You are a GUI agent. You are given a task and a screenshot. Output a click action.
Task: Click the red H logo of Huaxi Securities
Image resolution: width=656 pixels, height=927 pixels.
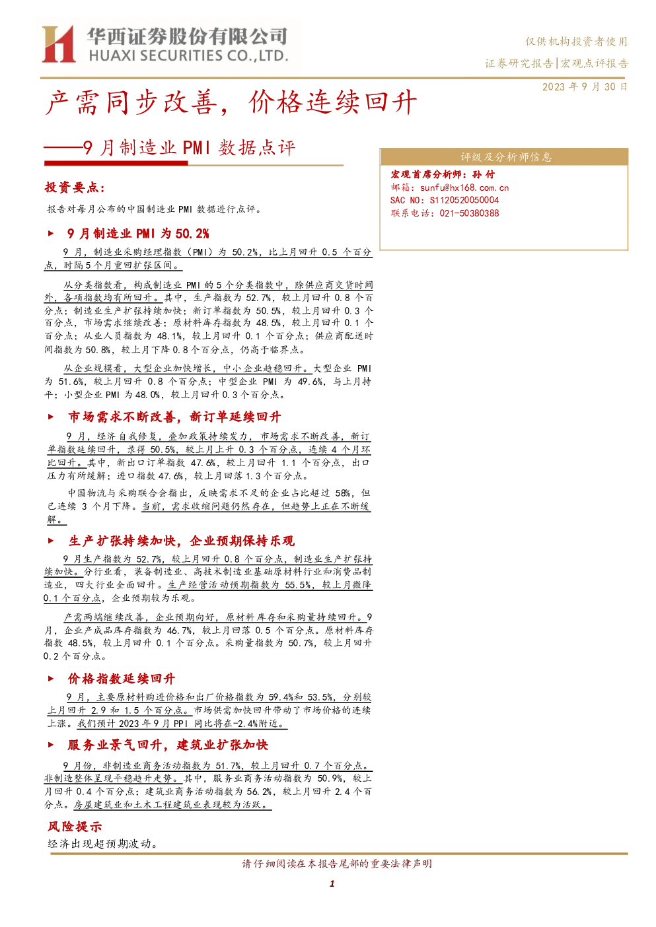[x=58, y=44]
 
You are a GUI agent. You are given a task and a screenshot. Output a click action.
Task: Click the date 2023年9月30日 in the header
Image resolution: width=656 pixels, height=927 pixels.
[x=585, y=87]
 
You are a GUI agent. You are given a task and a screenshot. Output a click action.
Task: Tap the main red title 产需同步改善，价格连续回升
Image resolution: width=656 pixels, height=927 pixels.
[x=231, y=102]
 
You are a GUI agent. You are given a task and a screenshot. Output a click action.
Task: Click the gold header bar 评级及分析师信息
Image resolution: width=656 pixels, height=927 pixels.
[x=503, y=157]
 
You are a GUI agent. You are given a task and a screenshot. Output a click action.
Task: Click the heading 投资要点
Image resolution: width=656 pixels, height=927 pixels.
[x=75, y=188]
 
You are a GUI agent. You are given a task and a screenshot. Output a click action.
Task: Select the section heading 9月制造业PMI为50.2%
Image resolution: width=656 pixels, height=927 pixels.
[x=138, y=234]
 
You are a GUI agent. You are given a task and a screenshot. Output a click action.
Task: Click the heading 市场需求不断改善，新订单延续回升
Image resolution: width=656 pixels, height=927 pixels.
[x=174, y=417]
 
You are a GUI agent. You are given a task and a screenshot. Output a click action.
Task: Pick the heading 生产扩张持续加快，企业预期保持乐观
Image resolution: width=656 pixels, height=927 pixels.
[x=182, y=541]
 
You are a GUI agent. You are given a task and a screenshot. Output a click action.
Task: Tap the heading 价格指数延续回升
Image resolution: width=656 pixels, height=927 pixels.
[x=122, y=679]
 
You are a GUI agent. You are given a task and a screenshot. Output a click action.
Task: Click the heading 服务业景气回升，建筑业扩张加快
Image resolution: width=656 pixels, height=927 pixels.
[x=168, y=745]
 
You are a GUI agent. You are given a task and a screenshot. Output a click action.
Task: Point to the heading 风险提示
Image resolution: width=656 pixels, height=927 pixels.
[x=75, y=827]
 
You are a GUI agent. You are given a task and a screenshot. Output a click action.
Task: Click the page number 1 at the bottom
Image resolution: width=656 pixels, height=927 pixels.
[x=332, y=883]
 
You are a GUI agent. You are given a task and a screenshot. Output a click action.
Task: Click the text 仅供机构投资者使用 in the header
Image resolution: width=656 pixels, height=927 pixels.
[x=577, y=42]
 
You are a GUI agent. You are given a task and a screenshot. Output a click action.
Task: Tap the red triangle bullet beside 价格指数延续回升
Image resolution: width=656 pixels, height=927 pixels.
[x=50, y=679]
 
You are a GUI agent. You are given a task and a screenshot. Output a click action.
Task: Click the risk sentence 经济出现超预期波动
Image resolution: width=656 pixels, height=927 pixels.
[x=102, y=844]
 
